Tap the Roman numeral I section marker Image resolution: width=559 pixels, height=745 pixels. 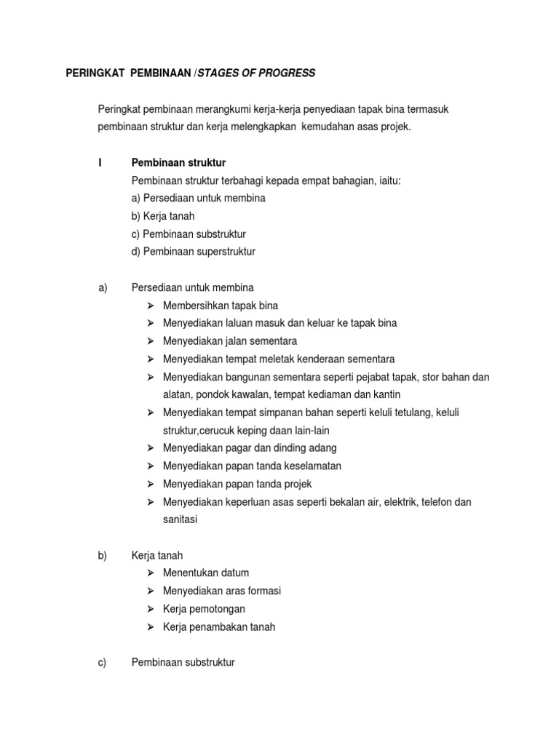point(100,162)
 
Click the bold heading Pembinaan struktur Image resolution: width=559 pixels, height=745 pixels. point(178,162)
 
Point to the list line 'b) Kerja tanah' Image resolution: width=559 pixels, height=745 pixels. point(163,216)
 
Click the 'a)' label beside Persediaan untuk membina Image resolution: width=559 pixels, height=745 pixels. point(103,287)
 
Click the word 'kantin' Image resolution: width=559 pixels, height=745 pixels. point(386,394)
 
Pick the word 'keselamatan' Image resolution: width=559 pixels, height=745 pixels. point(314,466)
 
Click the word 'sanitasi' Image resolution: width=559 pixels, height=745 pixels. point(181,519)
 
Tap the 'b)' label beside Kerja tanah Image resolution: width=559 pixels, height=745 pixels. point(103,555)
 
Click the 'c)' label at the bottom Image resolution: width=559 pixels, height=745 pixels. point(103,662)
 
